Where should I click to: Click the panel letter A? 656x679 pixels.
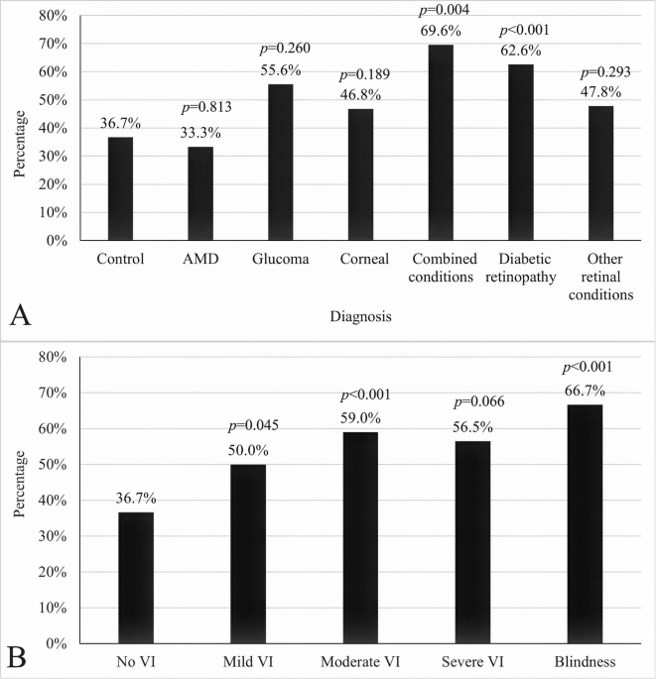coord(22,314)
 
